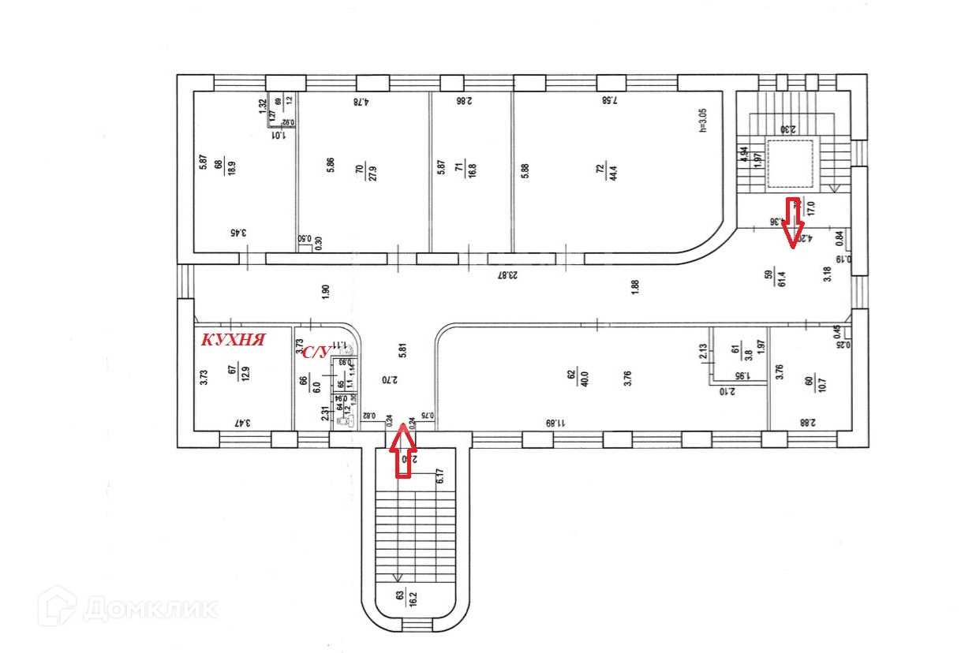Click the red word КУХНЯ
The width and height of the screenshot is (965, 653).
pos(233,340)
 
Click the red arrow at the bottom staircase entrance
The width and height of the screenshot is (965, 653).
pos(403,450)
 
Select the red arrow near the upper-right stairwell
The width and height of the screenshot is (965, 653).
pos(793,222)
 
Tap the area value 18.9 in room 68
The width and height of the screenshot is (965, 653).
pos(231,167)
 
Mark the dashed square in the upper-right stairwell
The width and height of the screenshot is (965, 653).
pos(791,165)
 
